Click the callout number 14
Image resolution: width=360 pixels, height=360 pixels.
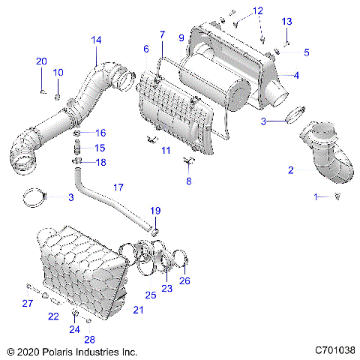[96, 40]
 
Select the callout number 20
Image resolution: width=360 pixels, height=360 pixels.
[41, 61]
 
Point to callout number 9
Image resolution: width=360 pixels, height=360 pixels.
[181, 37]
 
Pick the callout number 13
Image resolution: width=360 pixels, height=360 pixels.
[286, 22]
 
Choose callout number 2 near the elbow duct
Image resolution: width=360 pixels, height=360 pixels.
[290, 170]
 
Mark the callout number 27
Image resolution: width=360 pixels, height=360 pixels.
[27, 303]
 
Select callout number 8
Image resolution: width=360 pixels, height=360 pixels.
[189, 181]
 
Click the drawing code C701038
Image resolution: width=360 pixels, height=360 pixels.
[331, 350]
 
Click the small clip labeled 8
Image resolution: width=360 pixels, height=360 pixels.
[188, 160]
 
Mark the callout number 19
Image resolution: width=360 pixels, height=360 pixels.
[156, 211]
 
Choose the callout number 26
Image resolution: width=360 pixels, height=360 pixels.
[185, 281]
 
